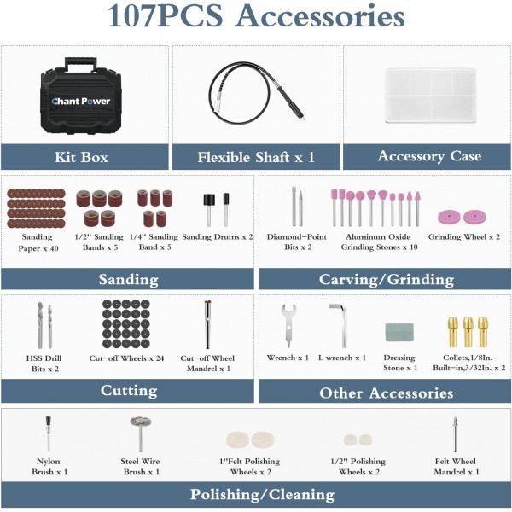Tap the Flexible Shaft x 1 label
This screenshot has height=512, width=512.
(256, 157)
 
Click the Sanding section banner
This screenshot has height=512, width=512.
(128, 279)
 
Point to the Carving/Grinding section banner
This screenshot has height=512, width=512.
(386, 279)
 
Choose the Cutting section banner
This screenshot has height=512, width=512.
(128, 391)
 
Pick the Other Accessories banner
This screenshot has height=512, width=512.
(386, 393)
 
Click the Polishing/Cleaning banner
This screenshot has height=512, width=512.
(256, 495)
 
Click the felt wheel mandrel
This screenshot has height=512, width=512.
(455, 434)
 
